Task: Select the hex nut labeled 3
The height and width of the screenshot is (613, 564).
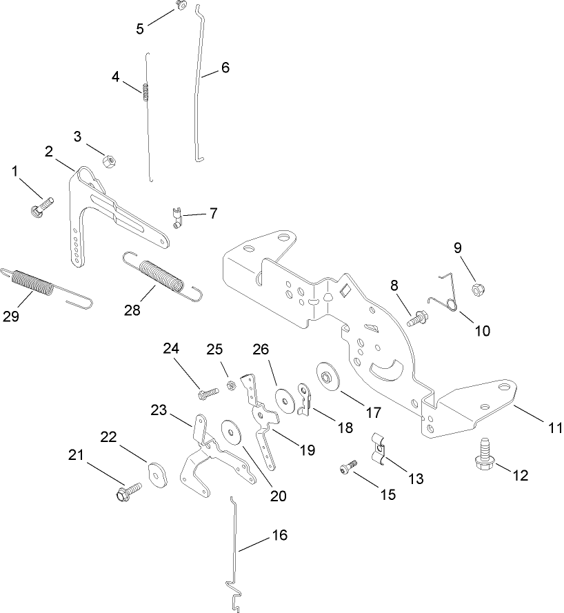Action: point(108,161)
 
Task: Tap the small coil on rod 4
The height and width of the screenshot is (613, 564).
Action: point(146,91)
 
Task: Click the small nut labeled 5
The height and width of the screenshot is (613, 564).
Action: point(181,6)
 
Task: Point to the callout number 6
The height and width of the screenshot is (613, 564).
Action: point(225,68)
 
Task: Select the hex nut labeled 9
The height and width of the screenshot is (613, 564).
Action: point(475,288)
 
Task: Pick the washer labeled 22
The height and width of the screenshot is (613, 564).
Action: point(159,475)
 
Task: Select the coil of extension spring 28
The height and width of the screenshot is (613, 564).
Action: point(161,274)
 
